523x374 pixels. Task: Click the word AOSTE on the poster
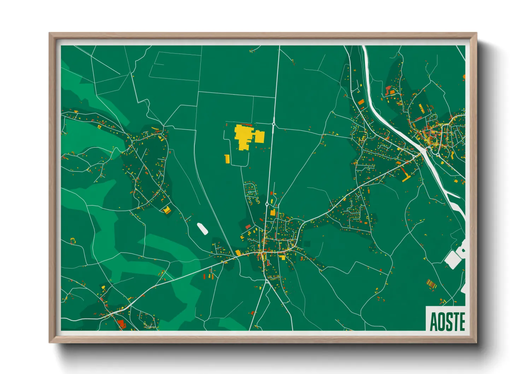point(447,322)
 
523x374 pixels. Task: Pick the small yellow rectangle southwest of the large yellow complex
point(227,159)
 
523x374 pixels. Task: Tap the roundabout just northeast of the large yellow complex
point(274,124)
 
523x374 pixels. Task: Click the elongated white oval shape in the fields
point(202,228)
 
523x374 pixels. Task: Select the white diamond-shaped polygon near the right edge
point(452,260)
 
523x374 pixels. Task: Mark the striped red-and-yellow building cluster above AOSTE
point(431,283)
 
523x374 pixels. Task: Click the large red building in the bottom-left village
point(121,323)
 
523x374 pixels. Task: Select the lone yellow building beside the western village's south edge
point(166,210)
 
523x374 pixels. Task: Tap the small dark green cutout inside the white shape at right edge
point(463,250)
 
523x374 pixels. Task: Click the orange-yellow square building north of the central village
point(272,212)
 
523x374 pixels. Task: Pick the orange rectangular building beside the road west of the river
point(361,102)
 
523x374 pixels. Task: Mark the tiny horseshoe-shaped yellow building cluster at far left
point(73,241)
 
